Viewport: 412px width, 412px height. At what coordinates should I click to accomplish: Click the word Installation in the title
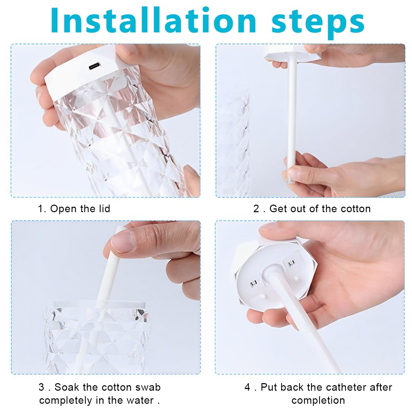pos(153,20)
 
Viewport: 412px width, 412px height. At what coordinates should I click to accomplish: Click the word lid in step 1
pos(105,208)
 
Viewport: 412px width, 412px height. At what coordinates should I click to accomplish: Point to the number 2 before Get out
pos(256,209)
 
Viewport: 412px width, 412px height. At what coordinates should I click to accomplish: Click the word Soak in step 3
pos(67,387)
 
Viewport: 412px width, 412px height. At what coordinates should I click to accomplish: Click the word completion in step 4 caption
pos(318,400)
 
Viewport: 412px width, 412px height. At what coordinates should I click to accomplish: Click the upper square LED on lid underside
pos(291,263)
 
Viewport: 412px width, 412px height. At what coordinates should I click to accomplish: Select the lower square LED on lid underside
pos(254,283)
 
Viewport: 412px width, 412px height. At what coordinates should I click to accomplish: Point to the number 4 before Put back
pos(247,387)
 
